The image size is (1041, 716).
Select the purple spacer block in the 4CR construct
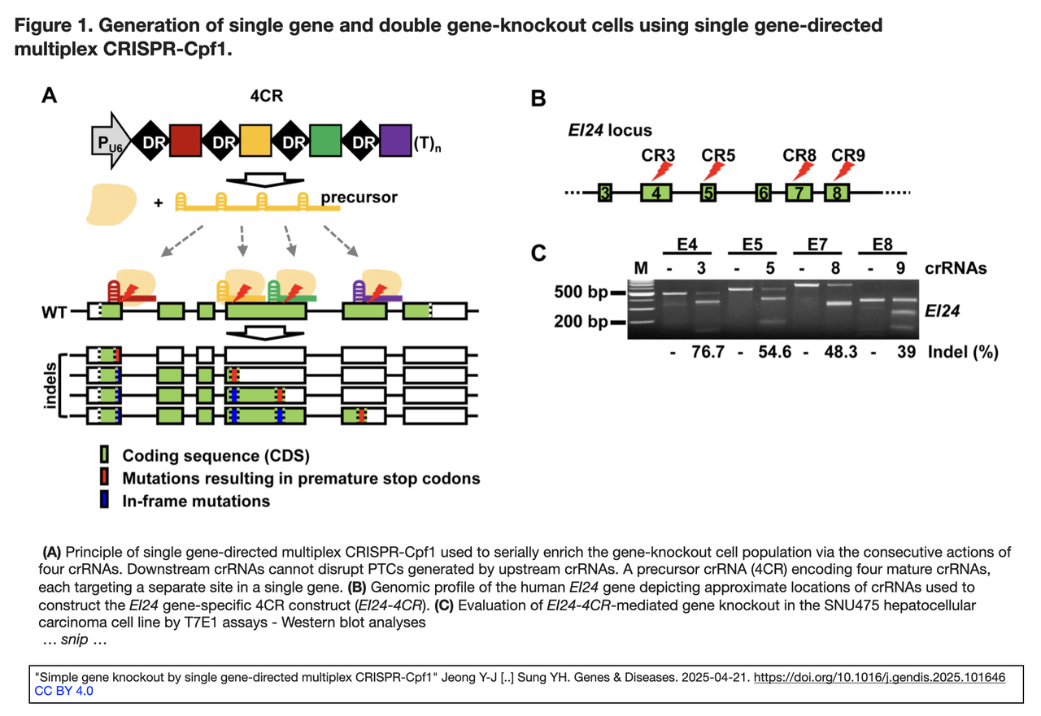tap(395, 142)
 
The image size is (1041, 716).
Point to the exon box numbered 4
tap(657, 193)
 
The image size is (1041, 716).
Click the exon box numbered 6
tap(763, 193)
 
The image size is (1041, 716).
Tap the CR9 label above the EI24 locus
tap(849, 154)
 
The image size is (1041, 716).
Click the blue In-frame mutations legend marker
tap(104, 501)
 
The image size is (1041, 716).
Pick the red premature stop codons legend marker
tap(104, 478)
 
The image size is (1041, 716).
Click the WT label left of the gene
tap(54, 311)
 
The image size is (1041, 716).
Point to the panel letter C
tap(538, 253)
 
